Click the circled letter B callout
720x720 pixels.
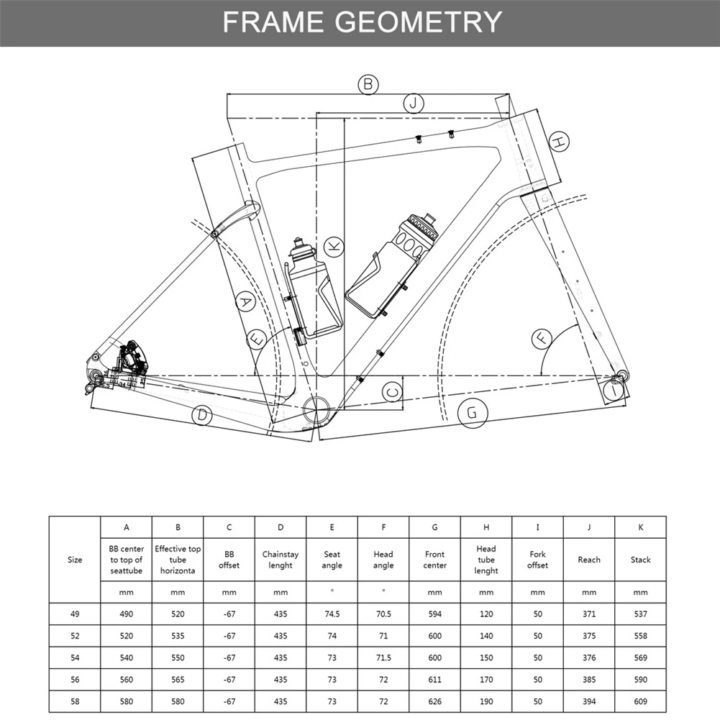(368, 85)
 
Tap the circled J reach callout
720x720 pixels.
(413, 104)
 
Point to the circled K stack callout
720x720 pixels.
(333, 247)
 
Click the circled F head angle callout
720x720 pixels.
(542, 337)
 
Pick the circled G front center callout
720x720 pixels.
(472, 413)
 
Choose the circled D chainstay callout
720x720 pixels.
(203, 415)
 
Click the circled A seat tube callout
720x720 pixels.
(246, 302)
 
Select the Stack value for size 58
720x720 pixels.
(640, 701)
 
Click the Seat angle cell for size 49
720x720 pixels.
(332, 614)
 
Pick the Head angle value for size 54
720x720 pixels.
(383, 657)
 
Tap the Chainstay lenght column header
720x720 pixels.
(281, 560)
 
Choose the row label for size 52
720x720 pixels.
(75, 636)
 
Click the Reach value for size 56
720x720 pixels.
(588, 680)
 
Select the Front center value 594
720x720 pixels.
(434, 614)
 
